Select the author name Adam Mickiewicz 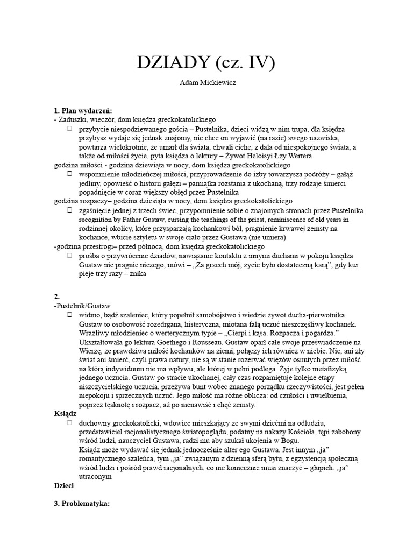point(206,84)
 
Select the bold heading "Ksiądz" point(66,415)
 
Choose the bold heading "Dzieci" point(64,484)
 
